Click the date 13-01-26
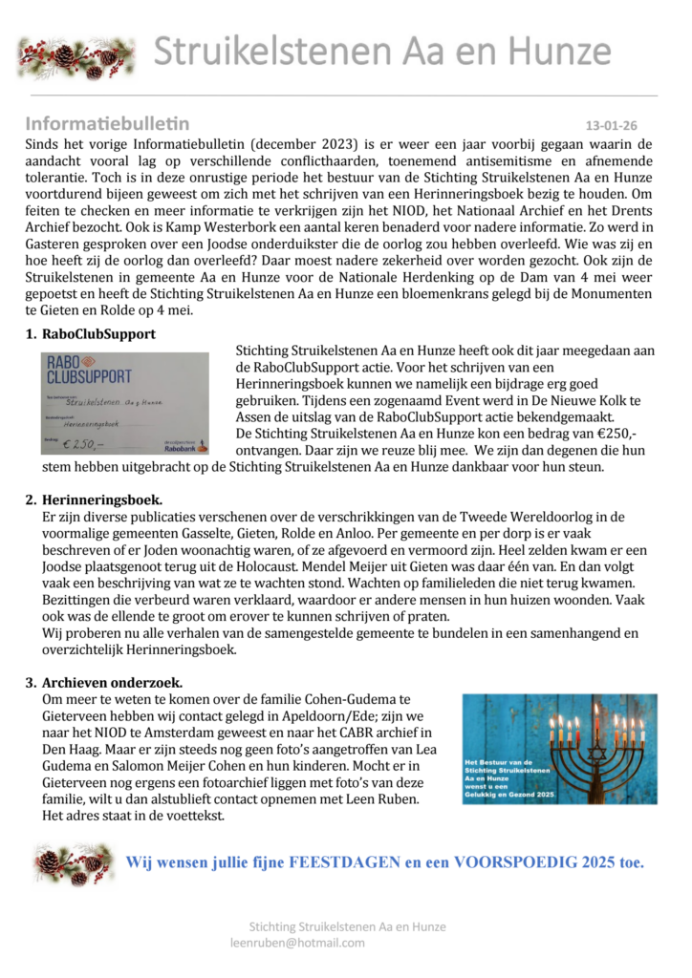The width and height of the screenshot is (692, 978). [611, 125]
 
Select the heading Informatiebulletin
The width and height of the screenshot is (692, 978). [107, 123]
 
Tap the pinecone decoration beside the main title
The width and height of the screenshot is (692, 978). [76, 55]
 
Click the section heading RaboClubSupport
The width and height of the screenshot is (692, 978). [98, 334]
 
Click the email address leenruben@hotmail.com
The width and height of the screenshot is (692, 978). [297, 942]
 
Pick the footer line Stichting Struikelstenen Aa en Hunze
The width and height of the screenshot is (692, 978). [347, 926]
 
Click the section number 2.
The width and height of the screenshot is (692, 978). [31, 500]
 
